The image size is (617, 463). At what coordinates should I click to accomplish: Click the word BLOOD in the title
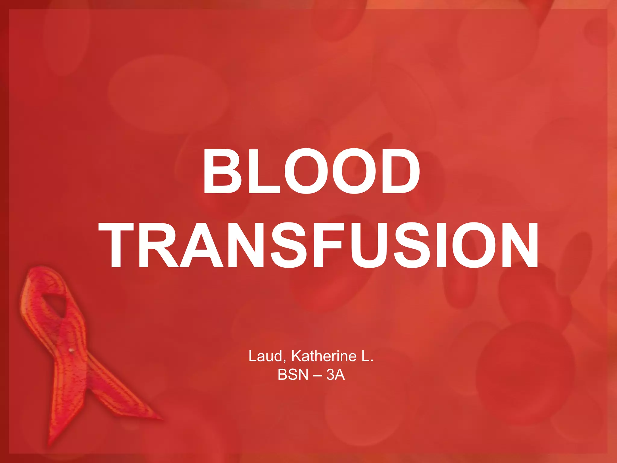tap(311, 171)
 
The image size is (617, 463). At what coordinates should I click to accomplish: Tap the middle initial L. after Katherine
tap(367, 357)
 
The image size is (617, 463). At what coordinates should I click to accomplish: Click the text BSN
tap(293, 375)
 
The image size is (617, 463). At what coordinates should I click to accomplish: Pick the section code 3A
tap(336, 375)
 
